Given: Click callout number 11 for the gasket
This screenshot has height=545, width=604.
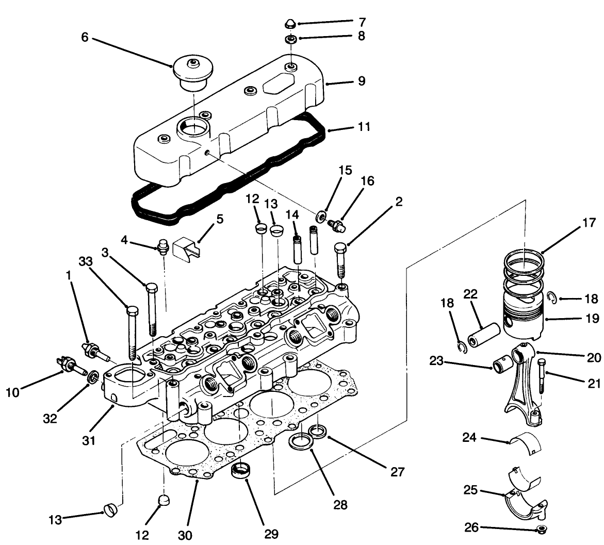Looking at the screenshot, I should [364, 126].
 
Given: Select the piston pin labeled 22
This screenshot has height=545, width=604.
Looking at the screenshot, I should [484, 336].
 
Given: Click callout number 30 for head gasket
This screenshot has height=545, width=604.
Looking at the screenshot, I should [185, 535].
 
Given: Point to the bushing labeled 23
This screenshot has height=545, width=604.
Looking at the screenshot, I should [502, 367].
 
